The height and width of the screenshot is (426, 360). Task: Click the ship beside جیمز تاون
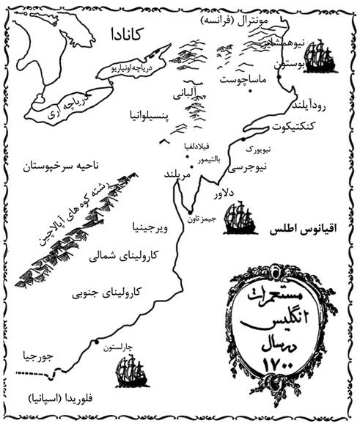(x=238, y=218)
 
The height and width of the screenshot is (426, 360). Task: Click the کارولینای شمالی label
(x=128, y=258)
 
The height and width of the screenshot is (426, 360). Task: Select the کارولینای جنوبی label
(x=106, y=293)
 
